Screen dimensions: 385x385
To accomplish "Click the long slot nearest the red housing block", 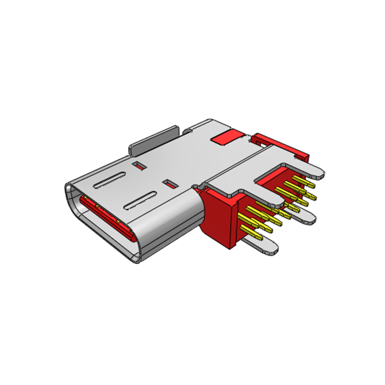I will point(140,201).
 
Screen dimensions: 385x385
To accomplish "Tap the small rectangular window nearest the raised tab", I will point(140,166).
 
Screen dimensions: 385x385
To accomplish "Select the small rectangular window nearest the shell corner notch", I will point(169,184).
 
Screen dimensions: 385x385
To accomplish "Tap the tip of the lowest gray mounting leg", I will point(269,246).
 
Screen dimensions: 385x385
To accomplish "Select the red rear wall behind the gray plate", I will point(284,144).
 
